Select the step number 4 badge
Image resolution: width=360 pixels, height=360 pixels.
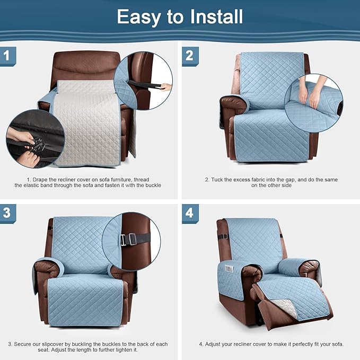[190, 213]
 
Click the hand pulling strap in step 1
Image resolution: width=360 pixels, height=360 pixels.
[166, 86]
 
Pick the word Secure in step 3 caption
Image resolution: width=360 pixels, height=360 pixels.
[24, 344]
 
